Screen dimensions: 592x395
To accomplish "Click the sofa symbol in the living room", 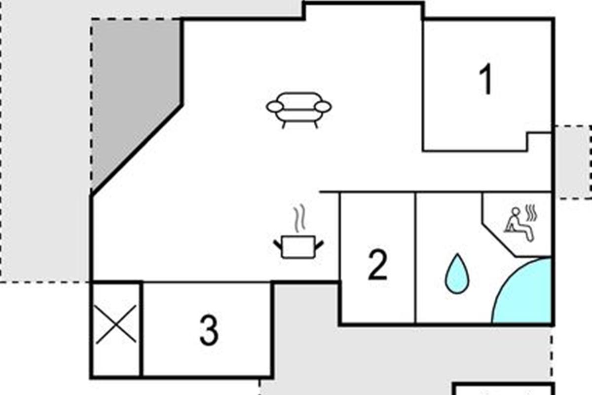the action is click(x=299, y=110).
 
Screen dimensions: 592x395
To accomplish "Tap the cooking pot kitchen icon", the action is click(x=298, y=247).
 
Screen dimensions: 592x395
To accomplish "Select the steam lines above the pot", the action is click(x=299, y=218).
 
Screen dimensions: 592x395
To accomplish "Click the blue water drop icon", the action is click(x=457, y=274).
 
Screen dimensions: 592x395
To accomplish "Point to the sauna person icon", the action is click(x=520, y=224).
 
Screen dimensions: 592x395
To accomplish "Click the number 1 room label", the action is click(x=486, y=79).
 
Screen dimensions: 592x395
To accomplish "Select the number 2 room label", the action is click(x=378, y=265).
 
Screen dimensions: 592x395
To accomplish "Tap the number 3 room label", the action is click(x=209, y=330).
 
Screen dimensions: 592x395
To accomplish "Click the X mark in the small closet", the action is click(x=116, y=324).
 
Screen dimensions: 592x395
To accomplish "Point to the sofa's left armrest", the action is click(x=275, y=107).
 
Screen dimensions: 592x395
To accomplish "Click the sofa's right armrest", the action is click(x=323, y=107).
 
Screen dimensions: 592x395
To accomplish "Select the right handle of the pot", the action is click(x=319, y=244).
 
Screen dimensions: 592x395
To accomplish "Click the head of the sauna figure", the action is click(x=516, y=212).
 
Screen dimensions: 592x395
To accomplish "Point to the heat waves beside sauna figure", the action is click(x=531, y=212).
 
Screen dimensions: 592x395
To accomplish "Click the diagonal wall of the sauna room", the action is click(x=499, y=240).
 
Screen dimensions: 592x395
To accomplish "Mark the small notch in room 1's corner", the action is click(x=539, y=142).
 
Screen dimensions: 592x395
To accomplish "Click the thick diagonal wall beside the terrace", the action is click(x=137, y=150).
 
